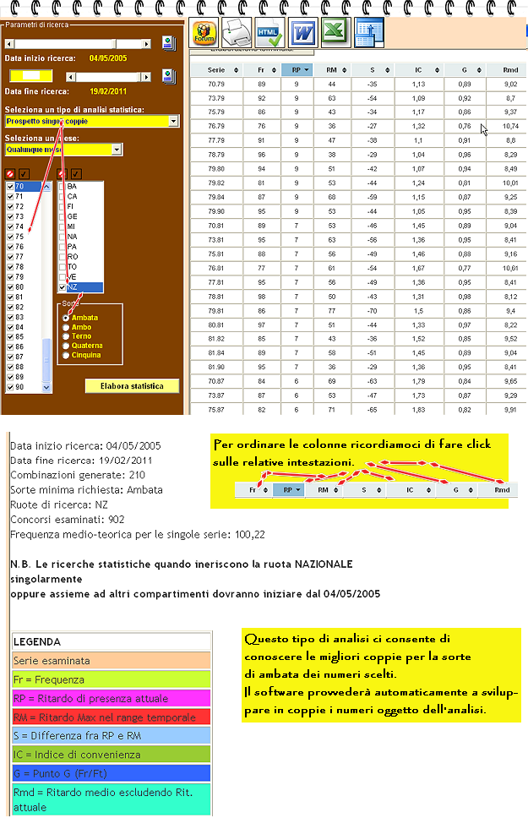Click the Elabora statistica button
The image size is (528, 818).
[x=133, y=386]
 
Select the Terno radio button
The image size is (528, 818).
[x=67, y=336]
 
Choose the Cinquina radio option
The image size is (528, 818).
[x=67, y=355]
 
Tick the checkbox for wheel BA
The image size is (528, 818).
[x=62, y=186]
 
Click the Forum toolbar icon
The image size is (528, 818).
[x=205, y=34]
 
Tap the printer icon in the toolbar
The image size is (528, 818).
[x=238, y=34]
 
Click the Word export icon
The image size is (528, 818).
[x=302, y=34]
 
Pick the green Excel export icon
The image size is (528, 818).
[x=335, y=34]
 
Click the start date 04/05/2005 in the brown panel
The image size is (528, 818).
[x=107, y=58]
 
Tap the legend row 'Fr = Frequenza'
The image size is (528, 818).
[x=112, y=679]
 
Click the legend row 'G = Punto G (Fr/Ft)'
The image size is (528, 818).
[x=112, y=773]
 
